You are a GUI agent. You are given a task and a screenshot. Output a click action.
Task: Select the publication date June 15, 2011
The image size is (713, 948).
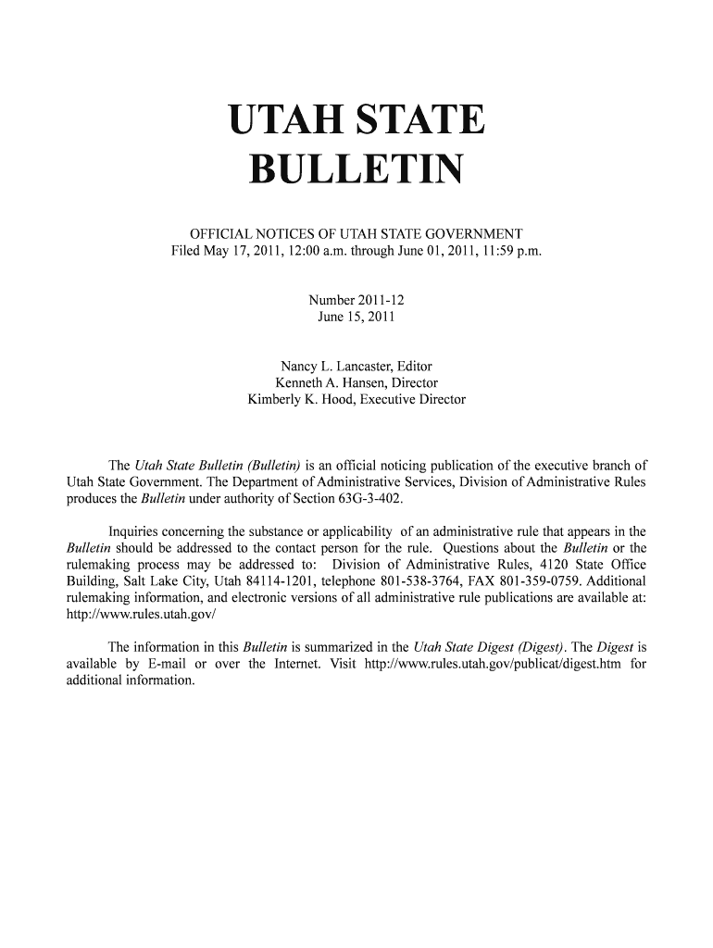pos(356,318)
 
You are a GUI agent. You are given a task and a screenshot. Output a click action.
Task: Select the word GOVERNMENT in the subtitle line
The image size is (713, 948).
pos(467,234)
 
